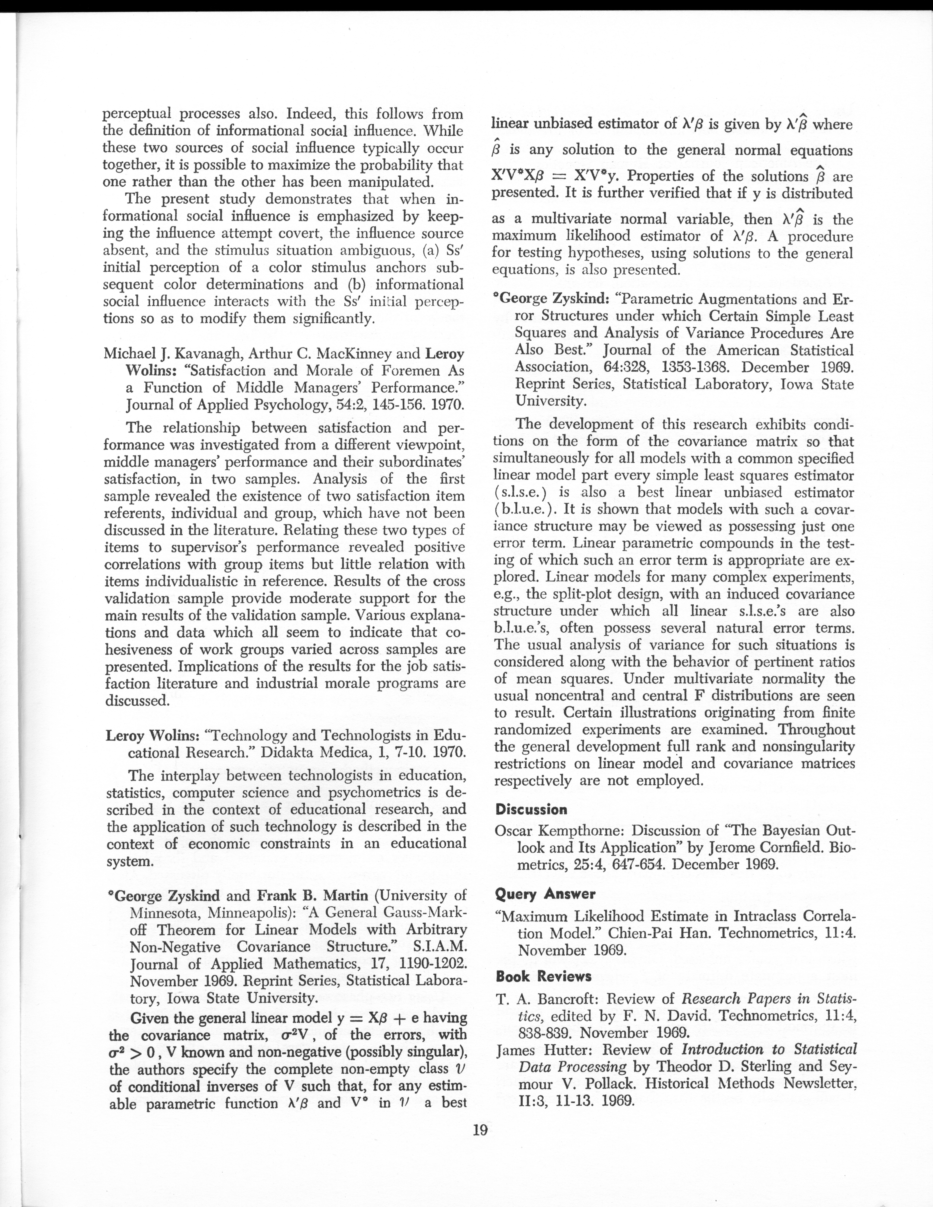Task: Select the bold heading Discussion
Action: tap(531, 810)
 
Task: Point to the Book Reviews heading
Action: tap(543, 976)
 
